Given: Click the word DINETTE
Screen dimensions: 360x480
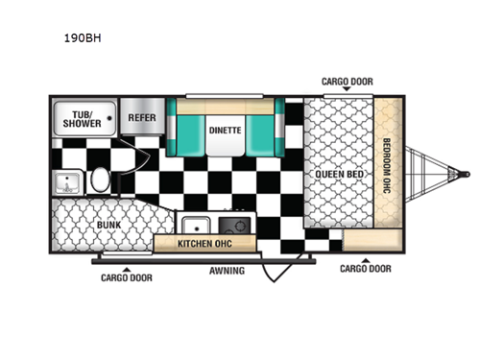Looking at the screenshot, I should (227, 129).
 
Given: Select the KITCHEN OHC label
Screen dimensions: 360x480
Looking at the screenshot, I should (205, 244).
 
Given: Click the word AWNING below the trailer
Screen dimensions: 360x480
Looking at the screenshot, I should (227, 271).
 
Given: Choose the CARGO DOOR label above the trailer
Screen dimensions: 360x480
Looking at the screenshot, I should (347, 82).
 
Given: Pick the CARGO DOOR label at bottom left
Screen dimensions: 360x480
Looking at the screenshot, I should (126, 277).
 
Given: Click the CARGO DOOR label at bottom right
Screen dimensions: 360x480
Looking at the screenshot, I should (365, 269).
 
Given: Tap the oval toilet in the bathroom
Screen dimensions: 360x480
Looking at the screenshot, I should (102, 180).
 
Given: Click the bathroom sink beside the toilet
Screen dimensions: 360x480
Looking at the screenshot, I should (68, 180).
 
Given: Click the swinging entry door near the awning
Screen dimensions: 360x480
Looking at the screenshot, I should (283, 261).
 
